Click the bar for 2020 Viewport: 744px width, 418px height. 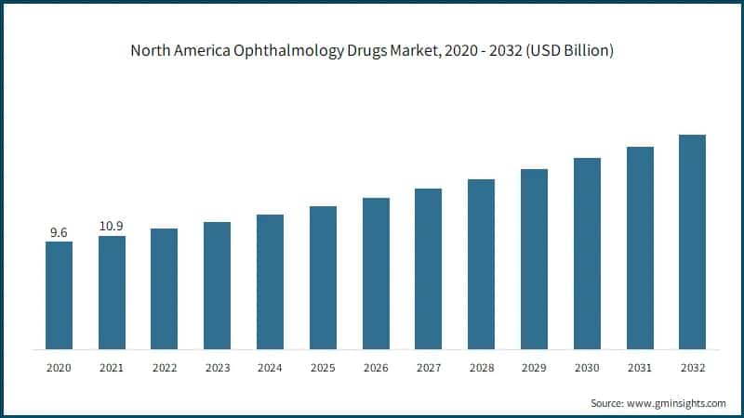(x=59, y=295)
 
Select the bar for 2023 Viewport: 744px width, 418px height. (x=217, y=285)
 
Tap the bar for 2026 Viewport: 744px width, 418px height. (x=376, y=273)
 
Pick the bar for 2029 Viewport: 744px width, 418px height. (x=534, y=259)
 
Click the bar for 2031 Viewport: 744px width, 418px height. (x=640, y=248)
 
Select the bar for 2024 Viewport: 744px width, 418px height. (x=270, y=281)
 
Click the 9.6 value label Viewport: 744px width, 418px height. (x=59, y=232)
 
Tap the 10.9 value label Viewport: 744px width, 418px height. (x=112, y=227)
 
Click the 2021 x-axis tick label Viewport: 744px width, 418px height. (x=112, y=368)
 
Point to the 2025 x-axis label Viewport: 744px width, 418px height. (x=323, y=368)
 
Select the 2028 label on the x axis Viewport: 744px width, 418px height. (x=481, y=368)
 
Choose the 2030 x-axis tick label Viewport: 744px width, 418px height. (x=587, y=368)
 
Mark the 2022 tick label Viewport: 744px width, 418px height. (x=165, y=368)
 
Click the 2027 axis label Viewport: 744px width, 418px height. (x=428, y=368)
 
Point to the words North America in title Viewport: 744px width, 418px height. (x=174, y=52)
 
